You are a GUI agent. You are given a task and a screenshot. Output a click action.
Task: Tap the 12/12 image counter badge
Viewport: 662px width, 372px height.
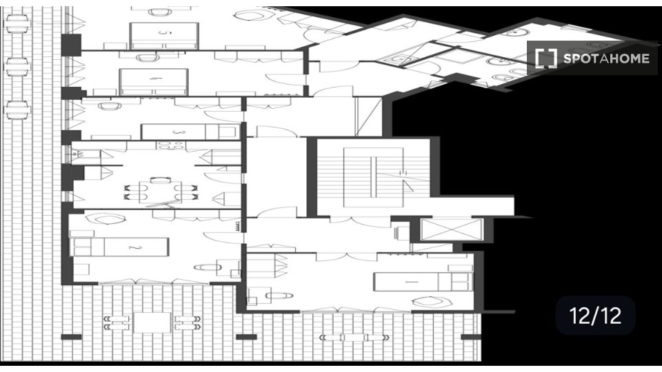click(595, 316)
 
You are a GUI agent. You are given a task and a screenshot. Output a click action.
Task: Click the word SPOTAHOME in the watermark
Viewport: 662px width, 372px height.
click(606, 59)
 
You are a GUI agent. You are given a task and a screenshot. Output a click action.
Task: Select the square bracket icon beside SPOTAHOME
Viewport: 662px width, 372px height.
click(545, 59)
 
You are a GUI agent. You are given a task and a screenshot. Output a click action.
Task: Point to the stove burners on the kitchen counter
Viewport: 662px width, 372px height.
click(166, 145)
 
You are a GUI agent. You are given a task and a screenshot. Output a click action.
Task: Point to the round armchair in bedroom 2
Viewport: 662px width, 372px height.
click(107, 220)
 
